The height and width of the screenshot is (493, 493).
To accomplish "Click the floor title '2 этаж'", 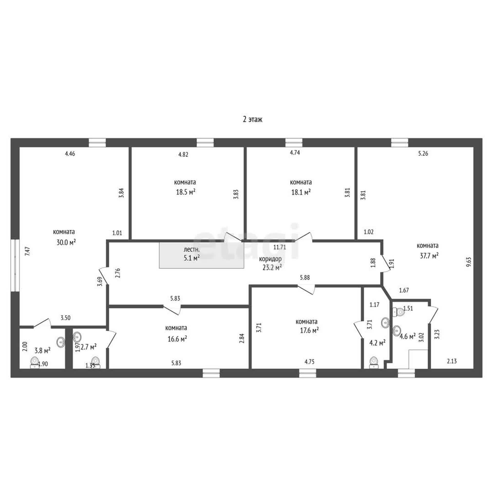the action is (253, 119).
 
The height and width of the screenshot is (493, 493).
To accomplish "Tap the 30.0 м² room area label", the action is (66, 242).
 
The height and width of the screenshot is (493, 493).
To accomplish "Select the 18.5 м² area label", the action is (186, 192).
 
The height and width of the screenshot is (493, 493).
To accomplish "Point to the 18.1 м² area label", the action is (301, 192).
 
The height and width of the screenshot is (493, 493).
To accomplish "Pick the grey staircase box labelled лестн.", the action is (201, 255).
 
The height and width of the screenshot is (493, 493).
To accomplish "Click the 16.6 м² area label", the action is (177, 339).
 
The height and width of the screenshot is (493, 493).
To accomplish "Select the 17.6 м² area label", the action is (309, 330).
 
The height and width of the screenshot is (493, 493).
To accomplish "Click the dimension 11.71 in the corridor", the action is (279, 247).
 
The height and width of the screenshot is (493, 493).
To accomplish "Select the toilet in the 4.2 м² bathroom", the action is (374, 363).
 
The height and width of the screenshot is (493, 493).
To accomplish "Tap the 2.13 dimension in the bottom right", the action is (452, 361).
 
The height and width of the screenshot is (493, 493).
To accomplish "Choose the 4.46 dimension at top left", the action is (70, 154).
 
